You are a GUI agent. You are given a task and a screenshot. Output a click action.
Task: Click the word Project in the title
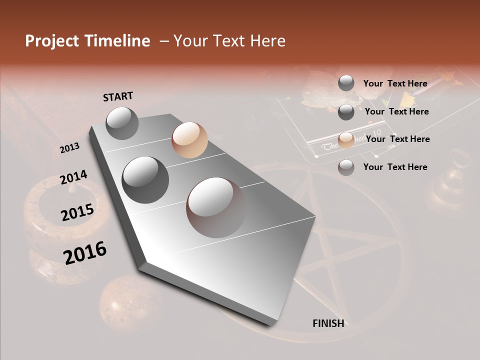coord(52,41)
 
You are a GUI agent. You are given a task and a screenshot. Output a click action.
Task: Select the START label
coord(118,96)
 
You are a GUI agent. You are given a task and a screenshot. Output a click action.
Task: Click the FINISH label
coord(328,323)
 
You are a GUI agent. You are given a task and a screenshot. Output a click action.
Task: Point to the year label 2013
coord(69,148)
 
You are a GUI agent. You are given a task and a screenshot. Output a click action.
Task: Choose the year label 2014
coord(73,177)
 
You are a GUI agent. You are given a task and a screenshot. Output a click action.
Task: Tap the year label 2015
coord(77,212)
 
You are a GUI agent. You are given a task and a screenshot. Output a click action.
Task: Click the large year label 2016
coord(85,253)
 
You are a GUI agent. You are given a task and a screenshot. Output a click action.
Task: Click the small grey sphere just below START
coord(122,123)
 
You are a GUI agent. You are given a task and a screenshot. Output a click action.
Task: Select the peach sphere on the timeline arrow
coord(189,140)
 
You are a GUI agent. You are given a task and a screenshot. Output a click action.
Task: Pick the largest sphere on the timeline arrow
coord(216,207)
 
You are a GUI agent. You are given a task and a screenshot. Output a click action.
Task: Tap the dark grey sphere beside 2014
coord(145,179)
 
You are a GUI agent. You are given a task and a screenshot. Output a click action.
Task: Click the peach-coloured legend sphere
coord(346,139)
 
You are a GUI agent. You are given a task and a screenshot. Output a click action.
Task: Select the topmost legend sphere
coord(346,83)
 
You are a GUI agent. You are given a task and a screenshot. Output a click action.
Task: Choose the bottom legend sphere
coord(346,167)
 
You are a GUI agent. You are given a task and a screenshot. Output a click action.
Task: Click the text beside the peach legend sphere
coord(397,139)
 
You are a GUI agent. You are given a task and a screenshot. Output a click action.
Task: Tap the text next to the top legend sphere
coord(395,83)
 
